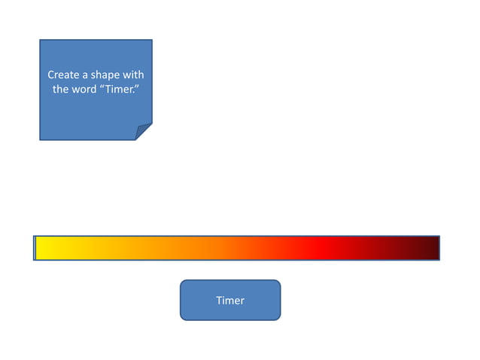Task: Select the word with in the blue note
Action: tap(133, 75)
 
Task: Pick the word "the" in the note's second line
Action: tap(60, 89)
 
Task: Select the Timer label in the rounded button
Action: tap(230, 301)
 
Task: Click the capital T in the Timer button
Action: tap(219, 301)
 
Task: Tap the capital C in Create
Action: tap(51, 75)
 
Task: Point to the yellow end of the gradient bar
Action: tap(45, 248)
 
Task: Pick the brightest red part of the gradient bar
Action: tap(316, 248)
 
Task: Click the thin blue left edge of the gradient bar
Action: tap(35, 248)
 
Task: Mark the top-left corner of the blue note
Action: tap(41, 41)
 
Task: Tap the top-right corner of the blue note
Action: tap(151, 41)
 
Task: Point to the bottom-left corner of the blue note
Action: tap(41, 139)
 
